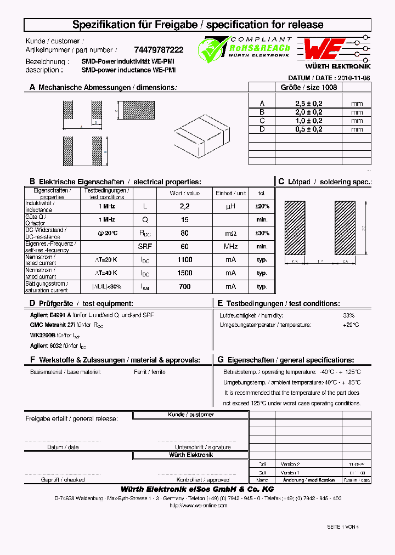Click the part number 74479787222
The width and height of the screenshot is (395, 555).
click(159, 49)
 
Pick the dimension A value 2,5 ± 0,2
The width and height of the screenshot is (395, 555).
click(308, 103)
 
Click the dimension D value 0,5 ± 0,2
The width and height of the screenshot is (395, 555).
click(308, 129)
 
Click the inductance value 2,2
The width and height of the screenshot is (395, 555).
click(184, 206)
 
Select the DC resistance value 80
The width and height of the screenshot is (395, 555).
click(184, 233)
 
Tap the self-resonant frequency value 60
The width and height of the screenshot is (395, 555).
click(184, 247)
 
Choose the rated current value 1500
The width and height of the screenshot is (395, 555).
click(184, 273)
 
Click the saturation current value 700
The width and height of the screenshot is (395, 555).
click(184, 286)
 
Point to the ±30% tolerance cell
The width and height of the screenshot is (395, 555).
click(262, 233)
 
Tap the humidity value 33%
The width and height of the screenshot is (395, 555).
click(348, 315)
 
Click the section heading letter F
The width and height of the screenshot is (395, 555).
click(32, 360)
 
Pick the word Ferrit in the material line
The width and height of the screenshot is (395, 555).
click(140, 372)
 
